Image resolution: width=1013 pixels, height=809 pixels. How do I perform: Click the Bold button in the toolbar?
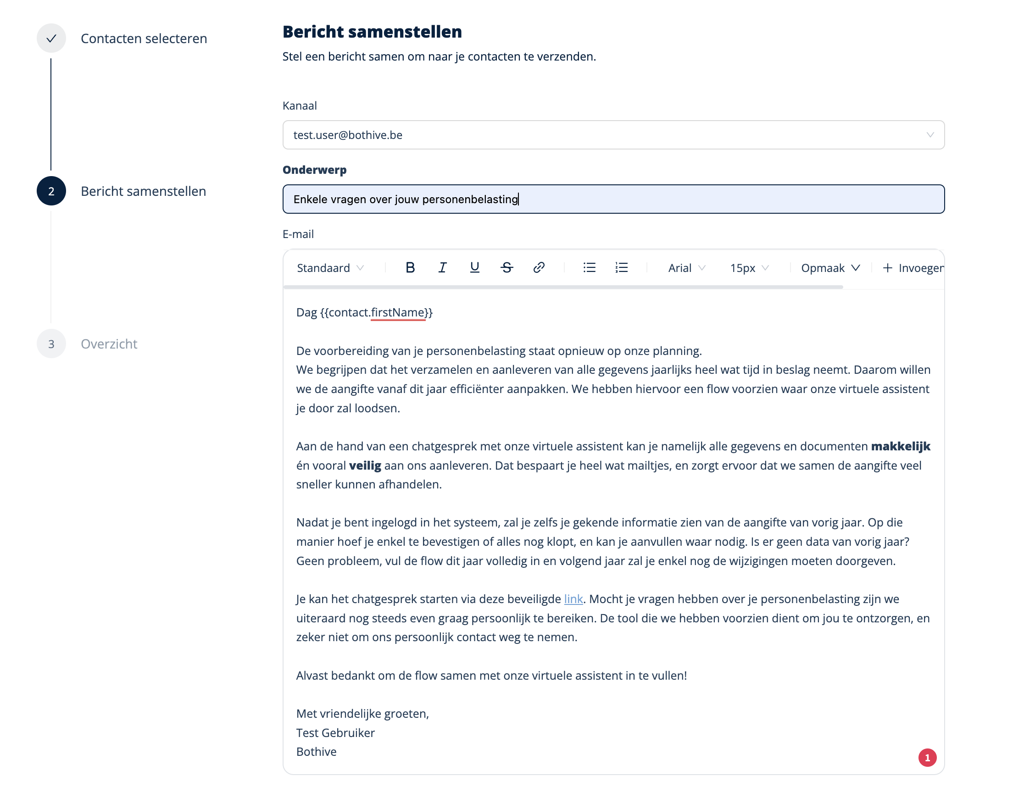[410, 268]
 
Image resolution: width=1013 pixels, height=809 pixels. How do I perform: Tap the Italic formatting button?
[442, 268]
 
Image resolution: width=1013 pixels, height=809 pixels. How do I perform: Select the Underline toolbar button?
[474, 268]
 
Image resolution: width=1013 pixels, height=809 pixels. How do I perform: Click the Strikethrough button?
[506, 268]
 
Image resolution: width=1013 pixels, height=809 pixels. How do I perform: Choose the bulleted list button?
[589, 268]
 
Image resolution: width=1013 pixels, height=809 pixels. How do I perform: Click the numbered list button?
[622, 268]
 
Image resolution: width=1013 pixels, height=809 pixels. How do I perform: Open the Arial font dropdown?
[686, 268]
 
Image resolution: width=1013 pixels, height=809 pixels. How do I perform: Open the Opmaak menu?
[830, 268]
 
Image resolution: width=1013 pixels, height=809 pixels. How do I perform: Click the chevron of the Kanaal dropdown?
[930, 135]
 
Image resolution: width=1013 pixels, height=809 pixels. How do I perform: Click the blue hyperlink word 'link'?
[573, 599]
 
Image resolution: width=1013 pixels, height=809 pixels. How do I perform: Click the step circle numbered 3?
[51, 344]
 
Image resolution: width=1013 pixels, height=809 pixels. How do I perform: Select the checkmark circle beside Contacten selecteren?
[51, 39]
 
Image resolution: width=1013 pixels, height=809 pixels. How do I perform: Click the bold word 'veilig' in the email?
[365, 465]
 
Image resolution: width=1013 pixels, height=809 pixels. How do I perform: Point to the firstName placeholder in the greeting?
[398, 312]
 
